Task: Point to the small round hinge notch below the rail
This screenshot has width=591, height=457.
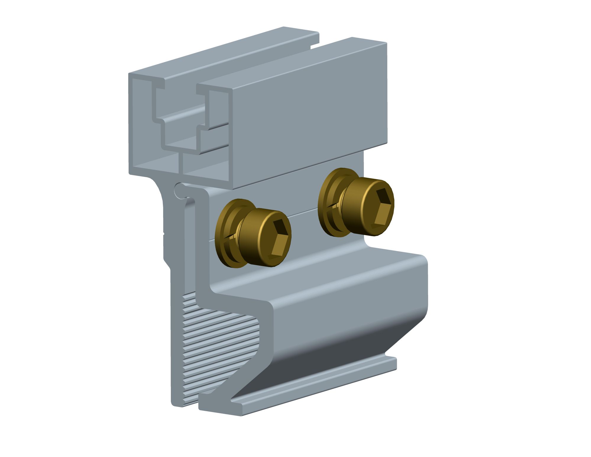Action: click(179, 189)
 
